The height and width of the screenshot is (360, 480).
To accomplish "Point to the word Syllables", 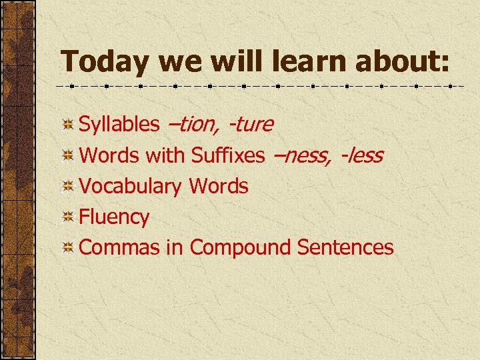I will click(119, 125).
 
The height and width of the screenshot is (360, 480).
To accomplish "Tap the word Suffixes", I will click(227, 155).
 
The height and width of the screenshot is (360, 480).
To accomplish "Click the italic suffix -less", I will click(361, 155).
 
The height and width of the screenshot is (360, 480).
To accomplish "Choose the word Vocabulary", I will click(131, 187).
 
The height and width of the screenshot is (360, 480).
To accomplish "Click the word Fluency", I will click(114, 217).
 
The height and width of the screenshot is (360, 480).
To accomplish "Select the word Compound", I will click(241, 248).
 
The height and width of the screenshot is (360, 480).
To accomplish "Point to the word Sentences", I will click(345, 247).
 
